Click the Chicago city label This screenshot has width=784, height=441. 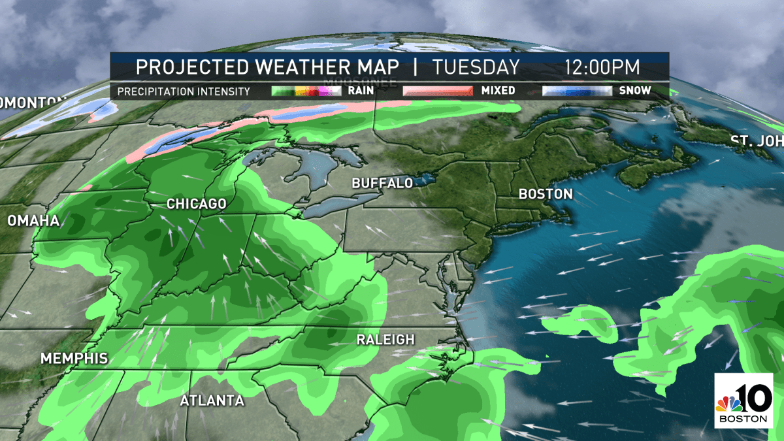click(x=196, y=204)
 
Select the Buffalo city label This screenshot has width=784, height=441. click(x=382, y=184)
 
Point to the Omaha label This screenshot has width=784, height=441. click(x=33, y=221)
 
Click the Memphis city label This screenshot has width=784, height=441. click(x=74, y=359)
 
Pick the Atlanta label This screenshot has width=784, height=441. click(x=212, y=400)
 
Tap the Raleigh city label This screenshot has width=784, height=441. click(x=385, y=340)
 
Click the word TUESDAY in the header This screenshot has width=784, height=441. click(x=476, y=67)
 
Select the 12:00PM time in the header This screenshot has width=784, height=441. click(x=603, y=67)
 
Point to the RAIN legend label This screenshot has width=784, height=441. click(x=361, y=91)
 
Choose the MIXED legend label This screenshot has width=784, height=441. click(x=498, y=91)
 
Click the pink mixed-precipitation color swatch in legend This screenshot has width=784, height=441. click(x=437, y=91)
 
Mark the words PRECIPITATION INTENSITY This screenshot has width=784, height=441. click(x=184, y=91)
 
